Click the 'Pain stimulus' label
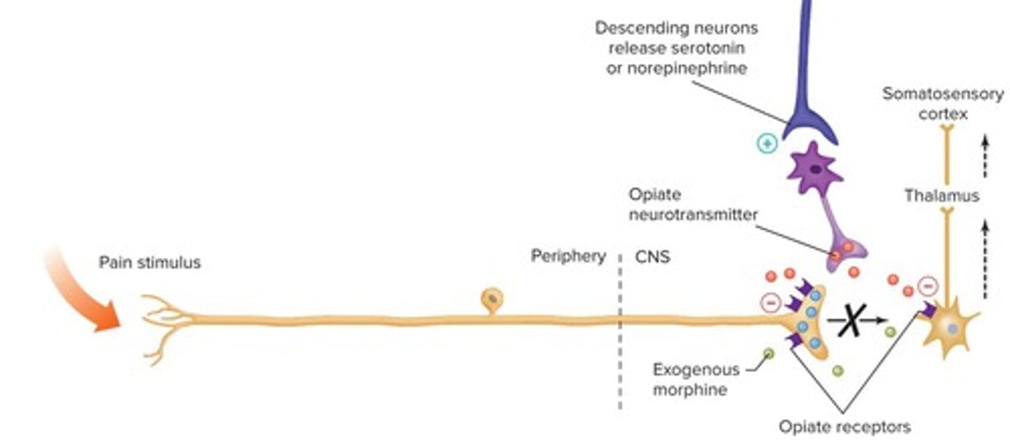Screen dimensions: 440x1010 coord(149,262)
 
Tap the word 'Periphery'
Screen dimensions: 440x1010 coord(567,256)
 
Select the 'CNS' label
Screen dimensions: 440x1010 coord(652,257)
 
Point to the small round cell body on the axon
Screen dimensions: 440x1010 coord(492,300)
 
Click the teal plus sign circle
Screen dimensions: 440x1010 coord(767,144)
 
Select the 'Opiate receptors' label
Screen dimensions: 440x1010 coord(844,426)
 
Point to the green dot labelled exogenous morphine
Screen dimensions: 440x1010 coord(769,353)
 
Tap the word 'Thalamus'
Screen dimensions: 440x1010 coord(941,196)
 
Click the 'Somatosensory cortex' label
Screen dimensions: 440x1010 coord(942,103)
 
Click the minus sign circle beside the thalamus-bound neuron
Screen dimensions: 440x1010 coord(927,286)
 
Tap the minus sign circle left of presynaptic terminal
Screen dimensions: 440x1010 coord(770,303)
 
